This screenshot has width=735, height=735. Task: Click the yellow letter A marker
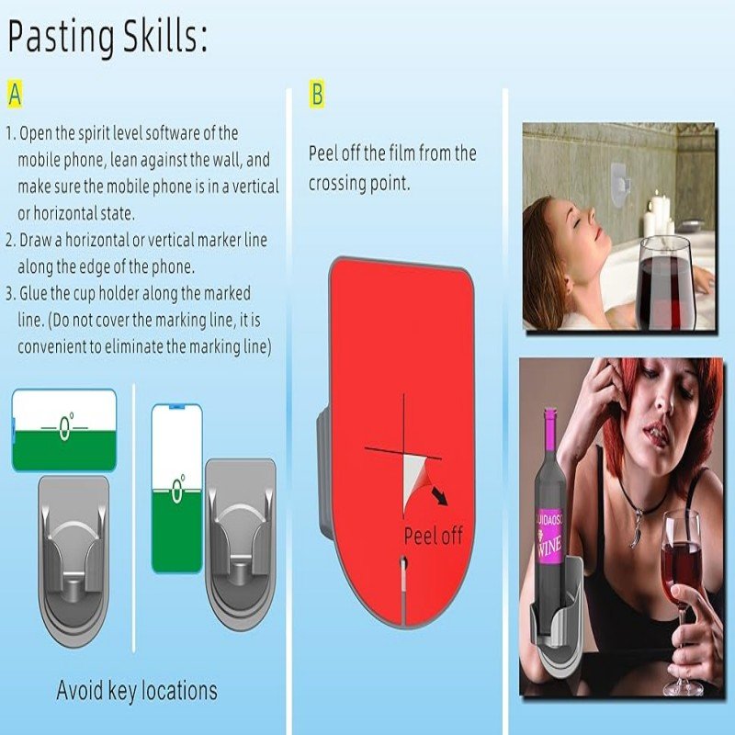15,95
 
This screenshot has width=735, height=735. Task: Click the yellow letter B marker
317,94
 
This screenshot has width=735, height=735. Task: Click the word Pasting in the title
62,38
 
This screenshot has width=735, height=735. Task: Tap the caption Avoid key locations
137,691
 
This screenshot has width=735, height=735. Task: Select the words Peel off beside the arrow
433,536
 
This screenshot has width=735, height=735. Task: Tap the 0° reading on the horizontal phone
65,427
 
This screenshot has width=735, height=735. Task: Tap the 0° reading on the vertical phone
177,489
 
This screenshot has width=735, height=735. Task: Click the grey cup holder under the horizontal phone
73,560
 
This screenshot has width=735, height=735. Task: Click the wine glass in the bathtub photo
665,282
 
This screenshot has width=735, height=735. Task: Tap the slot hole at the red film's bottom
404,563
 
